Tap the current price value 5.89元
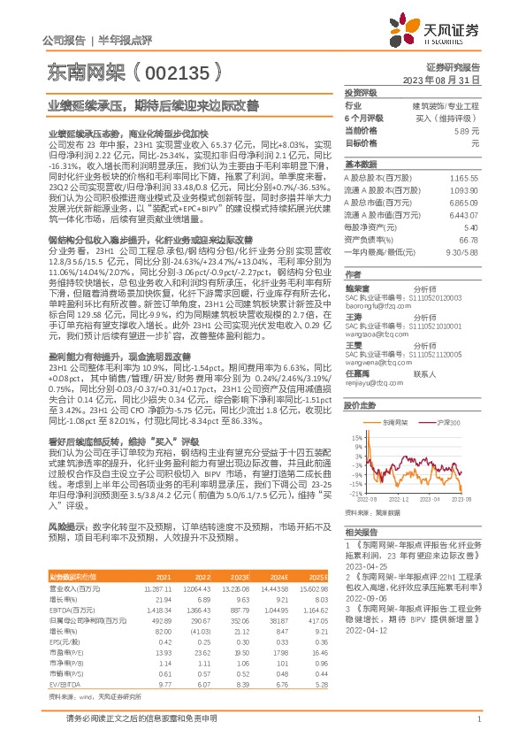(468, 130)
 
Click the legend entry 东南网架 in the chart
(396, 425)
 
